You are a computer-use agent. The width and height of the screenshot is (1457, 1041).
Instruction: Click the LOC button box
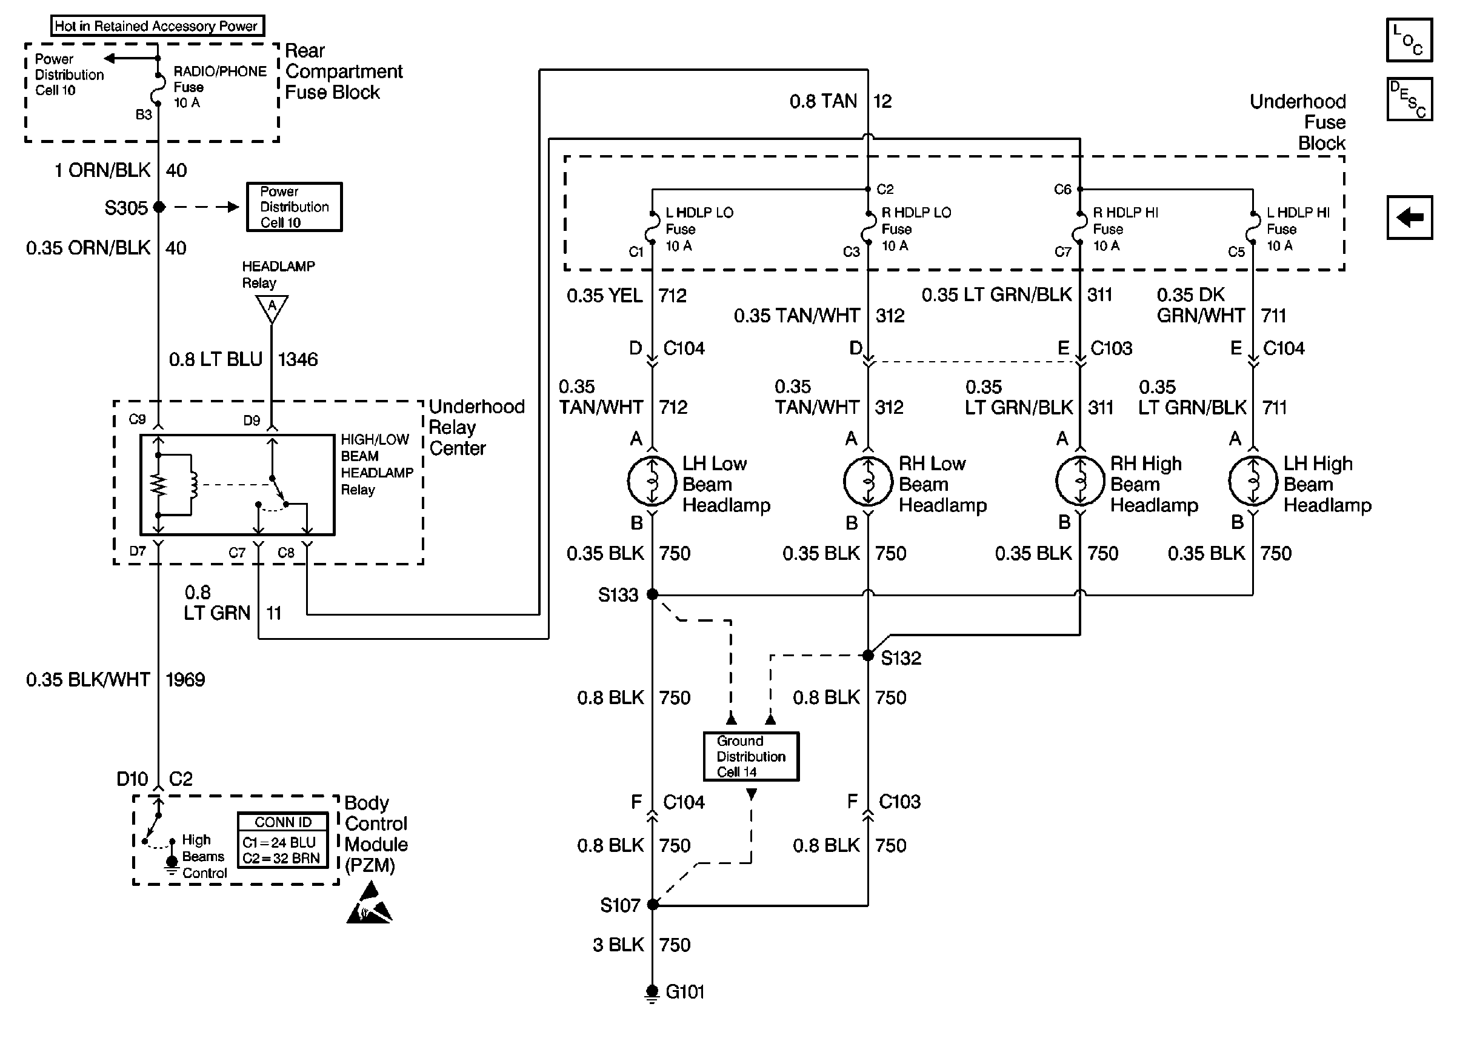click(1409, 41)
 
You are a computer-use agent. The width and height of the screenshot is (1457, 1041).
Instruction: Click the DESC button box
click(1409, 99)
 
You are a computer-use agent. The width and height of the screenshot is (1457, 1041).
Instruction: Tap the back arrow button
click(1409, 218)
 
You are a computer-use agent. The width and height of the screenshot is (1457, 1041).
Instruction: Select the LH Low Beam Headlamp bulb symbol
click(652, 481)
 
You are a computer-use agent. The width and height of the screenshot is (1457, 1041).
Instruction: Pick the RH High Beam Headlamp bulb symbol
click(1080, 481)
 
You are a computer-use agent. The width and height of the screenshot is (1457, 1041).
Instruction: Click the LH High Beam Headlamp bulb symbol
click(1253, 481)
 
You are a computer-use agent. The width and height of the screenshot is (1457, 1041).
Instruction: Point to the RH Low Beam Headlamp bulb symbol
click(868, 481)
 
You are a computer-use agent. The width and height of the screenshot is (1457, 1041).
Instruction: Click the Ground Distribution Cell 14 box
click(750, 756)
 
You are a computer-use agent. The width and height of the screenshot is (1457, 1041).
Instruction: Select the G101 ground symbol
click(652, 993)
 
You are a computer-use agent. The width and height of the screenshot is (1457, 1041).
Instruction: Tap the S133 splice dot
click(652, 594)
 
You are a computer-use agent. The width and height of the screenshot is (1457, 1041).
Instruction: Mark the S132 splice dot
click(868, 655)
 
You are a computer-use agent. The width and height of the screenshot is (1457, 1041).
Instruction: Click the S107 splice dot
click(653, 905)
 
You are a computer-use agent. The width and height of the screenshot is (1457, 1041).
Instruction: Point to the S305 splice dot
click(159, 207)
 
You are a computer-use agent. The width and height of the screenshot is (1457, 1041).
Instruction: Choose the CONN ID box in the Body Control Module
click(282, 840)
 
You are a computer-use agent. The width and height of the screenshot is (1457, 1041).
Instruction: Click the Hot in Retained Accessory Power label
click(157, 25)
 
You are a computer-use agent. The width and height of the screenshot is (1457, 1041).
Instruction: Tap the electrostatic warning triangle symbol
click(370, 905)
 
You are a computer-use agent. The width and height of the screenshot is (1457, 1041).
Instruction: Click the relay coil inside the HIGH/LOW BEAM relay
click(191, 485)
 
